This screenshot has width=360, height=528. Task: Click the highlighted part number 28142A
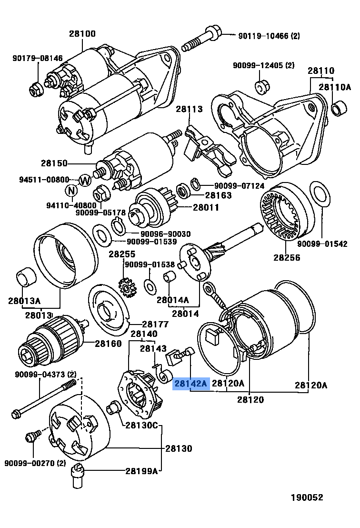(191, 383)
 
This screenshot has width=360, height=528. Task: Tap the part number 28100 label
(82, 34)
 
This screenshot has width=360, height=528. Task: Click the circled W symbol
(85, 180)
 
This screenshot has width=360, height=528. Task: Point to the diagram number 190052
(307, 498)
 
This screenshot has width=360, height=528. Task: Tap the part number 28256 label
(287, 257)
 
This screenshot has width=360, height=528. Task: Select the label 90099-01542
(322, 244)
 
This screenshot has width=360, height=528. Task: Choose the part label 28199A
(141, 471)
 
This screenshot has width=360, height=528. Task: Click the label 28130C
(141, 425)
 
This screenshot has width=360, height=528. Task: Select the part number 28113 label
(189, 109)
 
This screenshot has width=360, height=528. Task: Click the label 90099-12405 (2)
(264, 65)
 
